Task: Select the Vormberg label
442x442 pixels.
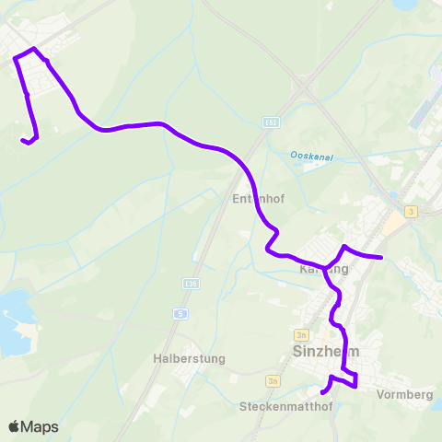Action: pos(405,394)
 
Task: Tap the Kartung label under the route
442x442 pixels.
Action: pos(324,270)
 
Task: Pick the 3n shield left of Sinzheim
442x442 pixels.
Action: pos(301,335)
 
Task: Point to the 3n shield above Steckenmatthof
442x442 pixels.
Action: pos(272,380)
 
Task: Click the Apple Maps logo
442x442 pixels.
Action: pos(33,426)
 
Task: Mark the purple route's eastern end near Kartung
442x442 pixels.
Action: pos(380,257)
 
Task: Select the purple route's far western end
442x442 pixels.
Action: pos(23,141)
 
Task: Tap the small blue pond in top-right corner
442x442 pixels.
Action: pos(406,6)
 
